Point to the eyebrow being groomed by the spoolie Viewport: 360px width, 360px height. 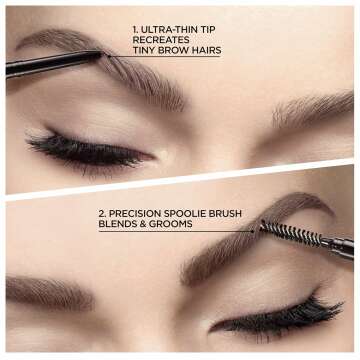point(240,255)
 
